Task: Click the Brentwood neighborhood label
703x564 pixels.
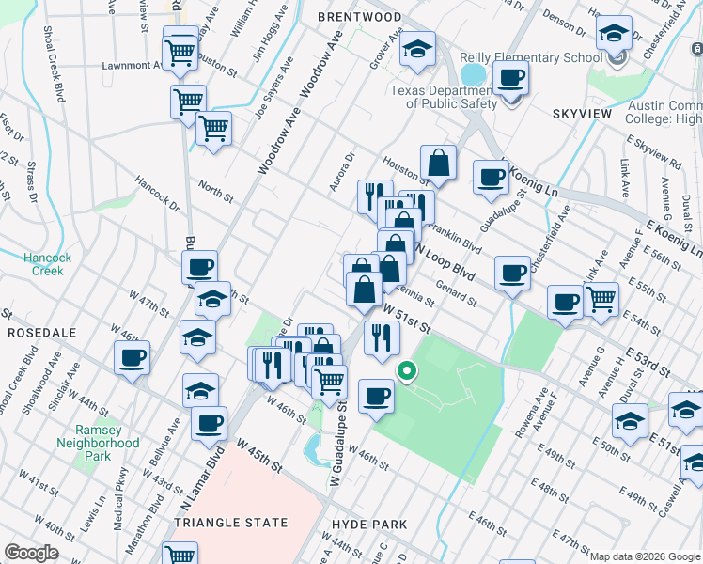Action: (359, 18)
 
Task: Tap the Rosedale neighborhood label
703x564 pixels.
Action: (35, 333)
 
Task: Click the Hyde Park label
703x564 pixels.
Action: (369, 524)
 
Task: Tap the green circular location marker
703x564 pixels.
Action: (407, 371)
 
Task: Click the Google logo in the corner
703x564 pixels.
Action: (31, 553)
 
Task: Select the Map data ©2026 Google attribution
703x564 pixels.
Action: (645, 556)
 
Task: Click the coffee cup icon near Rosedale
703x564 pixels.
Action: (133, 357)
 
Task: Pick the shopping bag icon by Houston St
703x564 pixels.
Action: (438, 163)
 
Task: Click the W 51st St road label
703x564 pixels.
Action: (405, 320)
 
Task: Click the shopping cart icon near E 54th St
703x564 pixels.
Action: (601, 299)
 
